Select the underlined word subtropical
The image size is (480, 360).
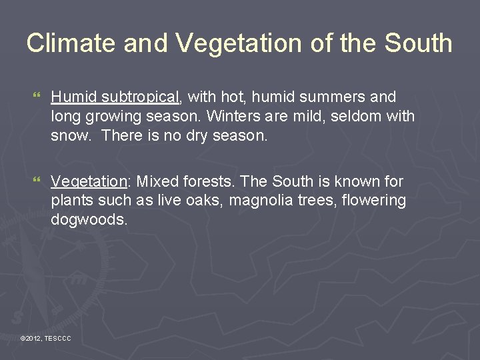pyautogui.click(x=141, y=97)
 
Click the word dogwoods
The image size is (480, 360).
pyautogui.click(x=89, y=220)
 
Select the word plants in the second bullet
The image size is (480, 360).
pyautogui.click(x=71, y=201)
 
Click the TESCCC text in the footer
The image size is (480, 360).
pyautogui.click(x=57, y=339)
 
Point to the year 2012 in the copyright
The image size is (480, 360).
pyautogui.click(x=34, y=339)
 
